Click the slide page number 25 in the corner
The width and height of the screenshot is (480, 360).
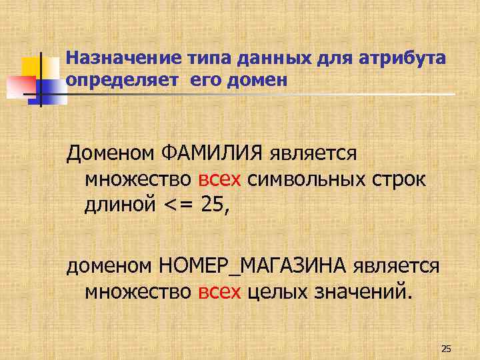tap(447, 349)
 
